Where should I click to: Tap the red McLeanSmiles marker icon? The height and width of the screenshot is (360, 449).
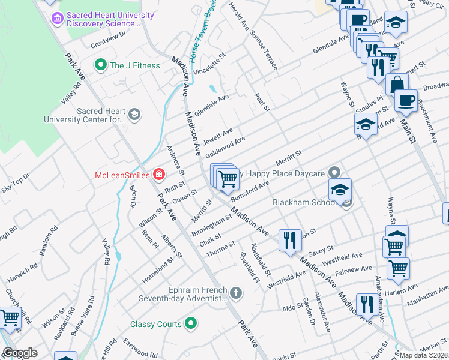coord(159,175)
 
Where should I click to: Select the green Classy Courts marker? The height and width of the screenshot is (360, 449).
coord(191,324)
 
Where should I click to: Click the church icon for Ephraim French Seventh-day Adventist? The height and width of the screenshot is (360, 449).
coord(237,293)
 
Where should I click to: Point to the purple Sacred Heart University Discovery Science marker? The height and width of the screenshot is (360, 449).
coord(58,19)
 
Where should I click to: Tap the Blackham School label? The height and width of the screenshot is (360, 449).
coord(304,202)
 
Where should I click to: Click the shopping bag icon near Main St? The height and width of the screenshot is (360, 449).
coord(396,84)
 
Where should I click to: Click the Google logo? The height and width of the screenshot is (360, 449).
coord(20,353)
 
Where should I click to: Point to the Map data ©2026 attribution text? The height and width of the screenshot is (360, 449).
coord(424,355)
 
